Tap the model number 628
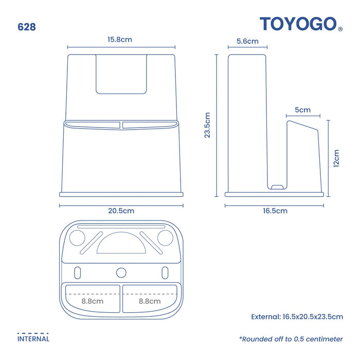coord(27,27)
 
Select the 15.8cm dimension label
coord(120,40)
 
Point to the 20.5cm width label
coord(121,211)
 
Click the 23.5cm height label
coord(207,125)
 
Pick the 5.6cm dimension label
coord(247,41)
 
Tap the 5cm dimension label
coord(302,110)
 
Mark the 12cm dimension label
coord(336,158)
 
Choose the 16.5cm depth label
coord(275,211)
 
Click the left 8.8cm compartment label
coord(93,301)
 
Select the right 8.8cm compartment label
coord(150,301)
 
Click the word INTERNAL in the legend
coord(33,339)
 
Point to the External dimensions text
coord(297,317)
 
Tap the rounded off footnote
coord(291,339)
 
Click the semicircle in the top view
coord(121,243)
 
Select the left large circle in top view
coord(77,238)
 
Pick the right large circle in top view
coord(165,238)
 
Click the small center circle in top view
coord(121,273)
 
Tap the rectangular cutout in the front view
coord(121,74)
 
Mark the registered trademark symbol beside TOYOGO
coord(340,29)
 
